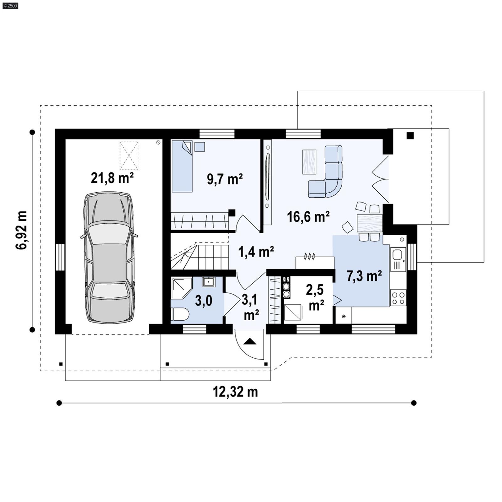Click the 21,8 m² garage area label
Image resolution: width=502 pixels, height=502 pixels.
[x=112, y=178]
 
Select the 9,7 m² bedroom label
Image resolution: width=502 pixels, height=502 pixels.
[x=225, y=179]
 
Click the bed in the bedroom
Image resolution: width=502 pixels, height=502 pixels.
[x=182, y=166]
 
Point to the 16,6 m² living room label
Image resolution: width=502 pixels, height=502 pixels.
[x=308, y=217]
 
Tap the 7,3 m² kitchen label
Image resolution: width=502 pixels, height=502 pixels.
[x=364, y=276]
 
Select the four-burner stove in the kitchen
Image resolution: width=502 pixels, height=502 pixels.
[x=398, y=298]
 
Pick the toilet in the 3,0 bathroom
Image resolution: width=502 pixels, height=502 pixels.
[x=180, y=314]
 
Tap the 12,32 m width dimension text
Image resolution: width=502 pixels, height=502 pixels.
[x=235, y=392]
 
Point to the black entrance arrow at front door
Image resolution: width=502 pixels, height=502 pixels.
[x=250, y=341]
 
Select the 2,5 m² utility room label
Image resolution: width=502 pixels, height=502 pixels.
[x=315, y=297]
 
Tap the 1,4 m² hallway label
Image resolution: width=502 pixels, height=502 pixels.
[x=256, y=252]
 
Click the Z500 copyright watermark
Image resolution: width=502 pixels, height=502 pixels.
[x=10, y=5]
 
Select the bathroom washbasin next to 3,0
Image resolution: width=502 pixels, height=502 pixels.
[x=208, y=282]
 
